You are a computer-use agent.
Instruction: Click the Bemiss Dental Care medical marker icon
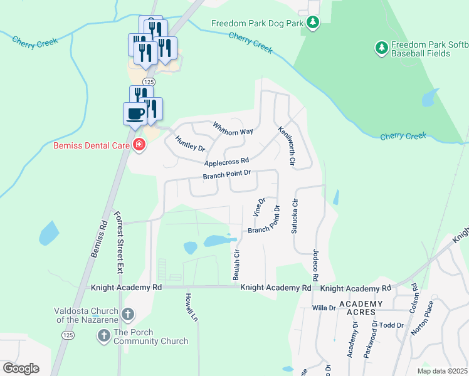(139, 146)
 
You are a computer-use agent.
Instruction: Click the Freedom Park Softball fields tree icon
(381, 48)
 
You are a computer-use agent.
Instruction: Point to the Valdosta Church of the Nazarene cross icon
(127, 314)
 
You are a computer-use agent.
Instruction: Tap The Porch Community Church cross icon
(103, 337)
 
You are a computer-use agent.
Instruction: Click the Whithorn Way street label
(233, 128)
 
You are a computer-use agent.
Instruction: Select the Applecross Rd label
(226, 161)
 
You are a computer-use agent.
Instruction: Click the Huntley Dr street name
(190, 144)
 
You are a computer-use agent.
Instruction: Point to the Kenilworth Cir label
(287, 145)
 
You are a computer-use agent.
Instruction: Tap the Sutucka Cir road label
(294, 216)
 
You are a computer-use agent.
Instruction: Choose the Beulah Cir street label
(237, 265)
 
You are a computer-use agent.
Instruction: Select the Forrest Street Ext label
(117, 242)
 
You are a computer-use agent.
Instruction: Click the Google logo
(21, 368)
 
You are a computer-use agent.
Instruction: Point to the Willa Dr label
(324, 308)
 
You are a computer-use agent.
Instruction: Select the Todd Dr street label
(391, 325)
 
